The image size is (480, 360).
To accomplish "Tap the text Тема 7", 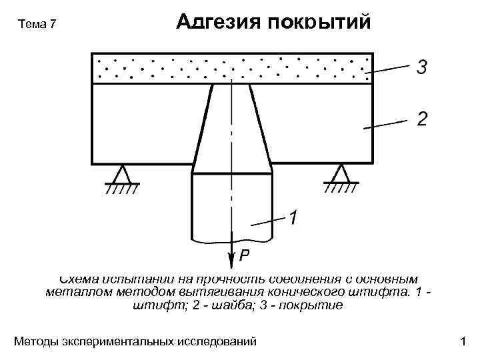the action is [x=39, y=25].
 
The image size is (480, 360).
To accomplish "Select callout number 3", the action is [x=422, y=67].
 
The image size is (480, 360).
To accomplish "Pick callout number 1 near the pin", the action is [x=293, y=217].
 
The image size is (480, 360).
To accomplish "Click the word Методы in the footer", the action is [x=36, y=342].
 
